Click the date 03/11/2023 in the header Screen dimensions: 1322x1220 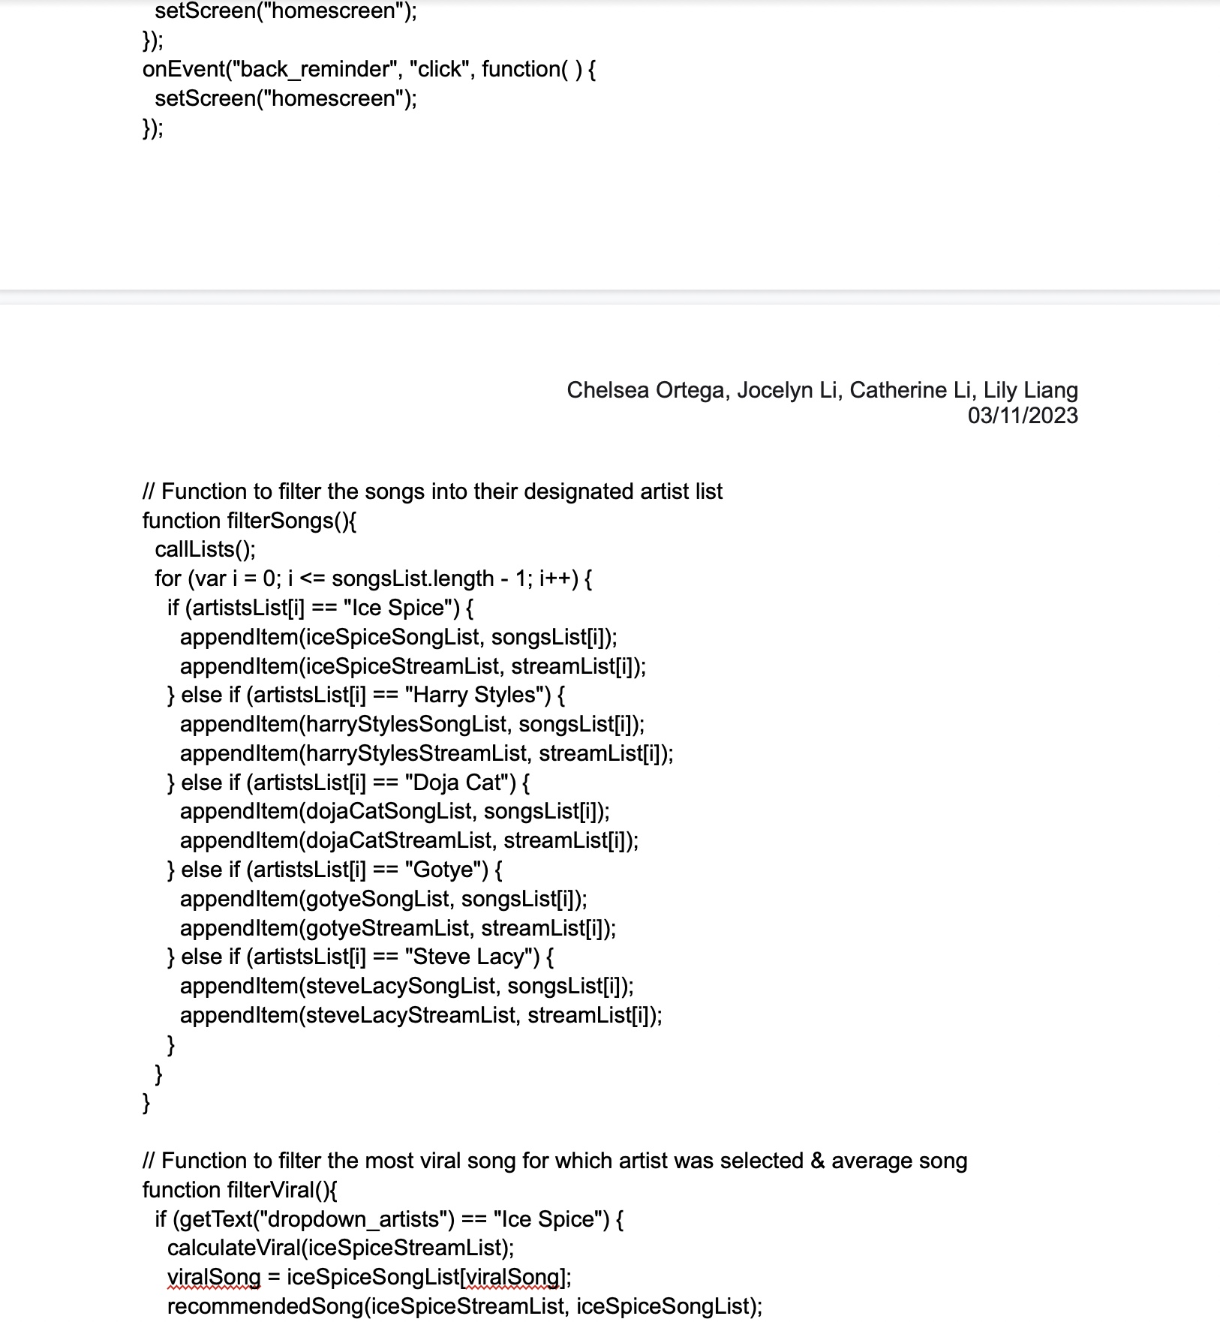(x=1022, y=416)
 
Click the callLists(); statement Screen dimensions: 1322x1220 (x=205, y=549)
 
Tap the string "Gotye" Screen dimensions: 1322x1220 (x=446, y=870)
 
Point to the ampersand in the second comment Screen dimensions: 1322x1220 (x=817, y=1161)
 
